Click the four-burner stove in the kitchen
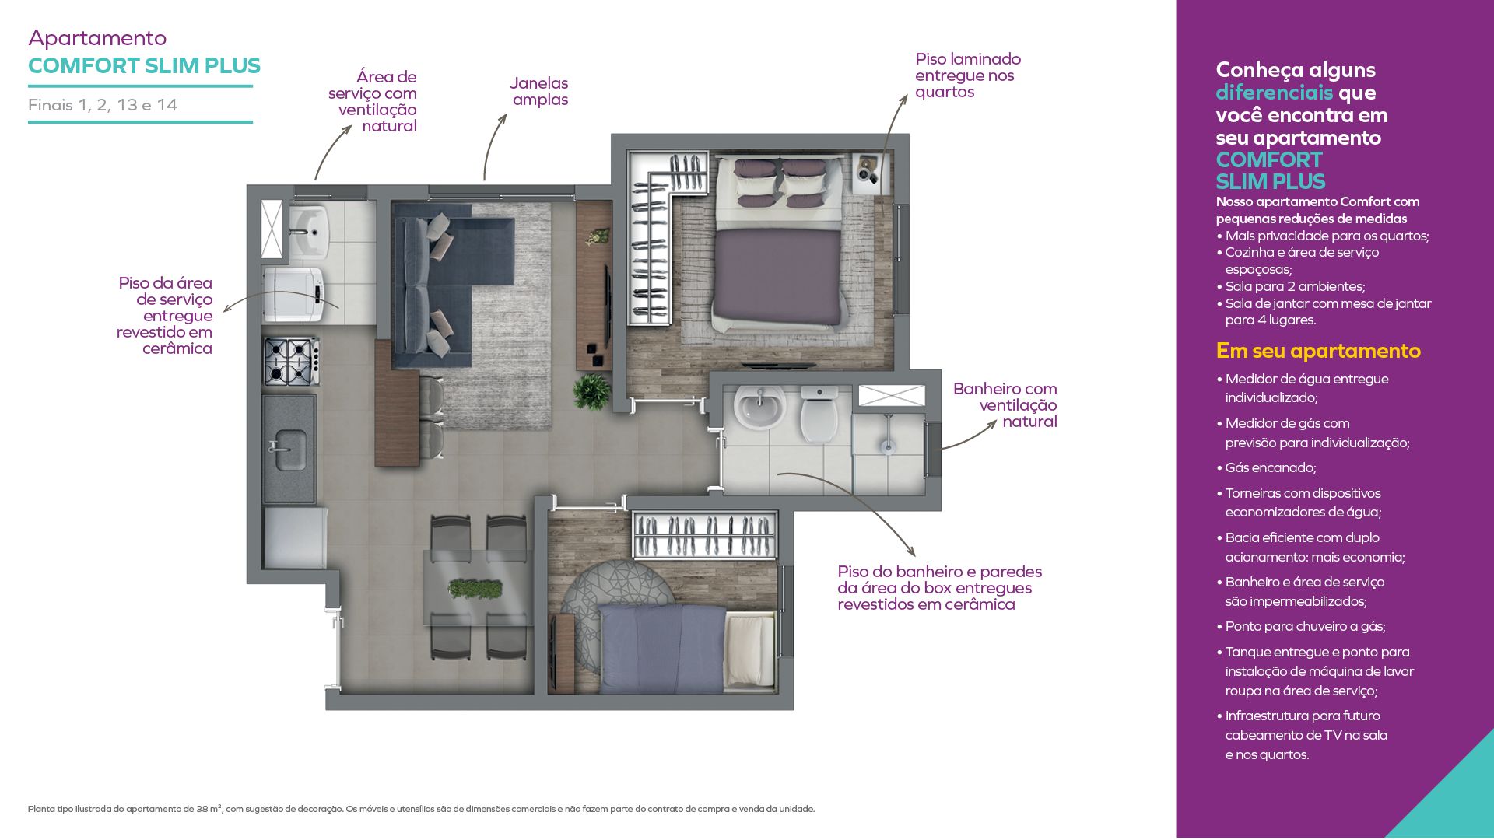click(x=291, y=361)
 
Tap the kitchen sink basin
click(x=289, y=450)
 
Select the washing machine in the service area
click(x=293, y=294)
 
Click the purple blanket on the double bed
click(x=777, y=276)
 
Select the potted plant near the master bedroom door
click(x=592, y=391)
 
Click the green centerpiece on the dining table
click(x=475, y=588)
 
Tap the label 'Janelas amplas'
click(x=539, y=91)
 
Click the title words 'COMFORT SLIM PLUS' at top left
click(x=144, y=65)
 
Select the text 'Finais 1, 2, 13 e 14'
click(x=103, y=105)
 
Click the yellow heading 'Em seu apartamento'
click(x=1318, y=351)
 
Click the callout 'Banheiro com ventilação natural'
click(x=1005, y=405)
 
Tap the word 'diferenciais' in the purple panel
click(x=1275, y=93)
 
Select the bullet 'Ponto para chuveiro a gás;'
click(x=1301, y=626)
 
